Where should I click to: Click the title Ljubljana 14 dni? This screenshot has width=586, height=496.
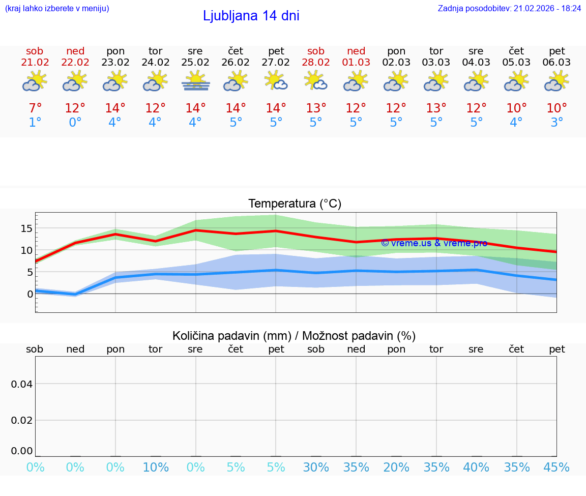click(251, 16)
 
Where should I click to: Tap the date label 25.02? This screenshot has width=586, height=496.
click(195, 62)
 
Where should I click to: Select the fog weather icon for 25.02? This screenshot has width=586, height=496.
click(196, 81)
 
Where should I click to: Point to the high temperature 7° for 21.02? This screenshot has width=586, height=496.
click(35, 108)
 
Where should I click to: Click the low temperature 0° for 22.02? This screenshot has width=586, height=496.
click(75, 123)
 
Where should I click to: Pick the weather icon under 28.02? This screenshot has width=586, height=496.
click(316, 81)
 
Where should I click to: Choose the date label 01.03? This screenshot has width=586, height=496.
click(356, 62)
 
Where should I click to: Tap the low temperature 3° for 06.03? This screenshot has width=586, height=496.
click(557, 123)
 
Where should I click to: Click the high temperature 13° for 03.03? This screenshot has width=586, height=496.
click(436, 108)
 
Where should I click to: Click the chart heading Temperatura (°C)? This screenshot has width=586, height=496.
click(295, 203)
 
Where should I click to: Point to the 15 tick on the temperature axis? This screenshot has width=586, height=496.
click(26, 228)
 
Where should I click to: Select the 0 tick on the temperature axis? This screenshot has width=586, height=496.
click(30, 294)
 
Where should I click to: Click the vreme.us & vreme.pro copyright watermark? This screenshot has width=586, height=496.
click(434, 243)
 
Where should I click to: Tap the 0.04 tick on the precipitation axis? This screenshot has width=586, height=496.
click(22, 384)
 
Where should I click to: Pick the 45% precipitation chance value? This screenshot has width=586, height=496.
click(556, 468)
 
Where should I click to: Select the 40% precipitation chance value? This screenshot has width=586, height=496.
click(476, 468)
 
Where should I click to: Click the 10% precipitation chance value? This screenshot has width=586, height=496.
click(156, 468)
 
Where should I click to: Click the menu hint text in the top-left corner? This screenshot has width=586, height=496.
click(57, 8)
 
